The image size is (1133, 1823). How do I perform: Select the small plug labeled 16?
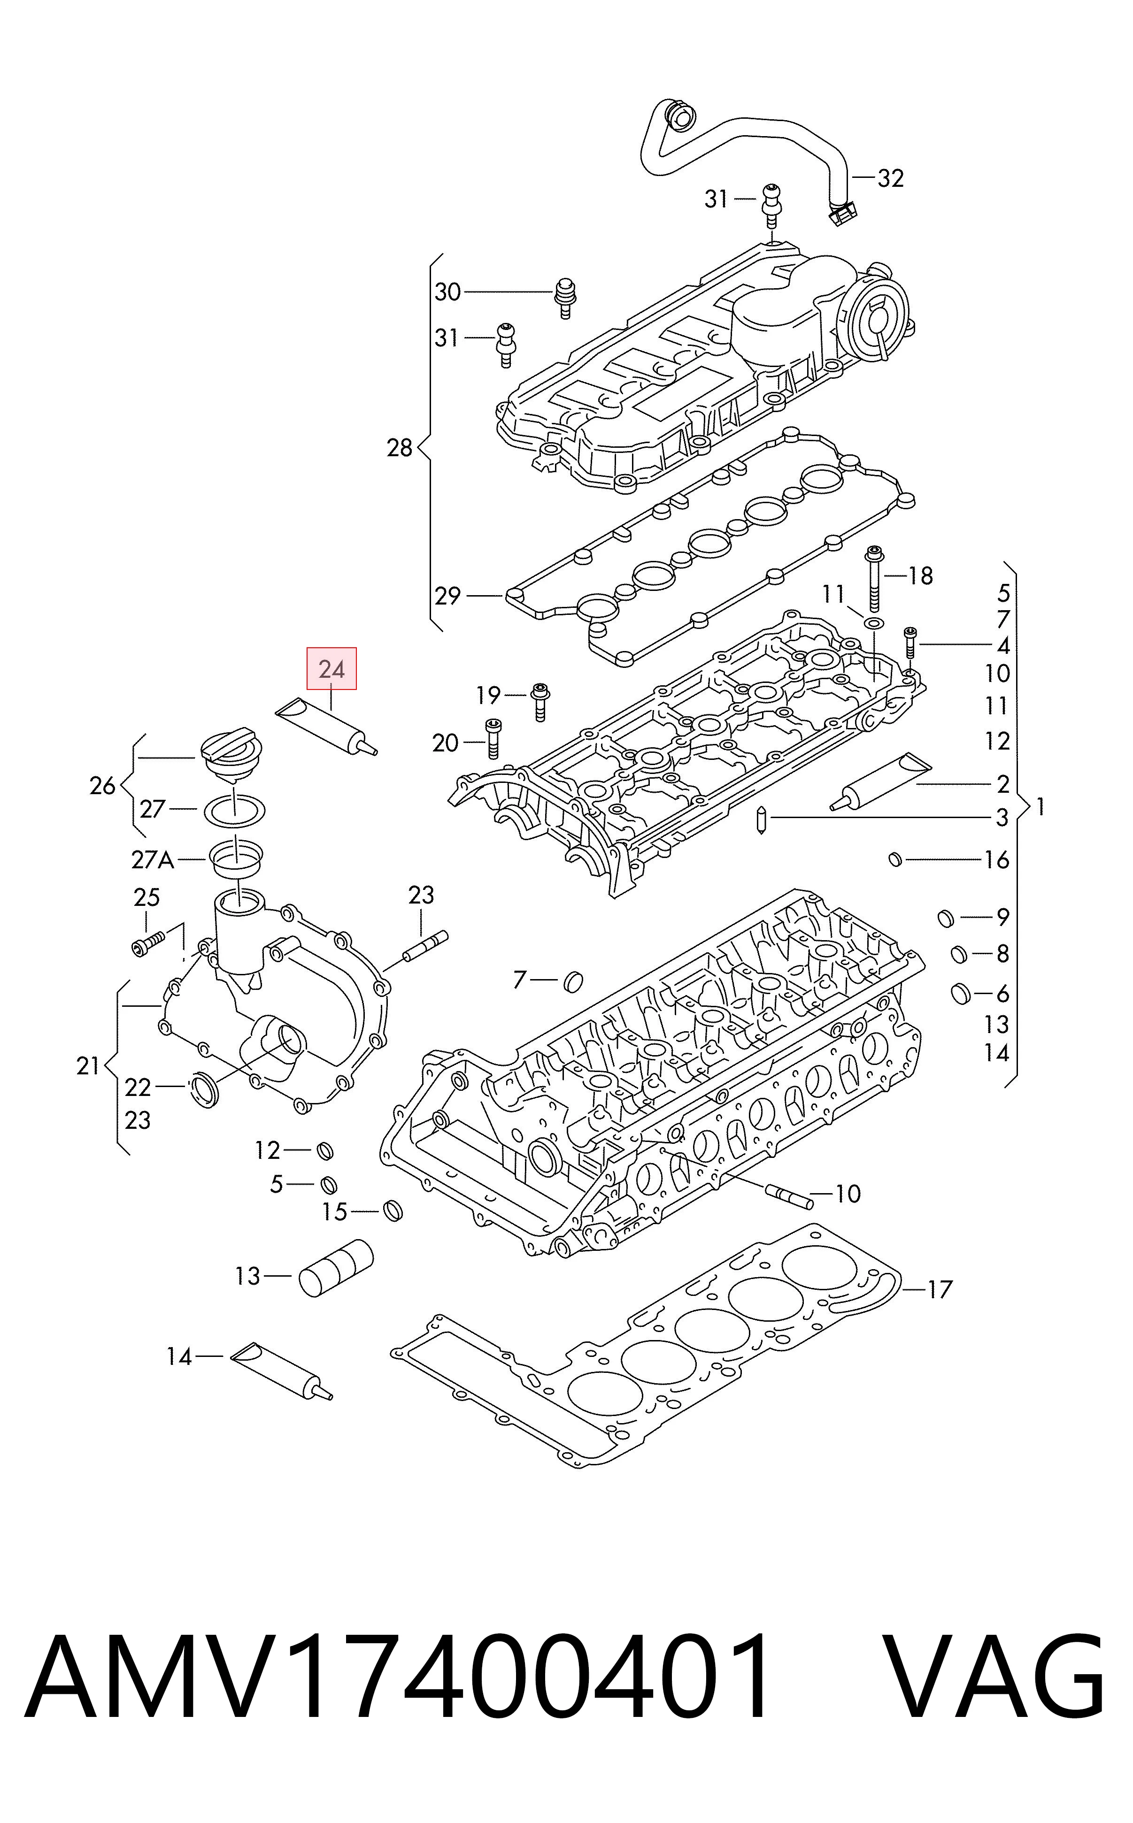[x=894, y=859]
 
